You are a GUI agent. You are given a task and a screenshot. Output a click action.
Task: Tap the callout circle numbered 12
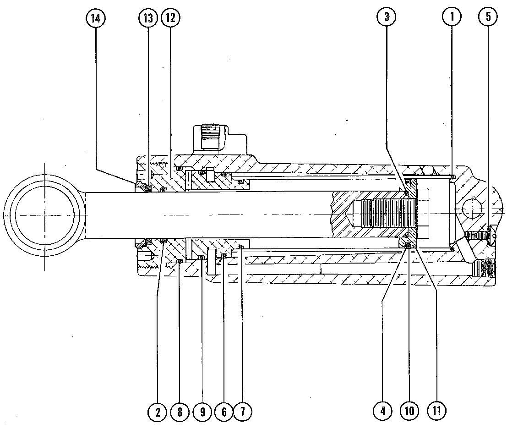pyautogui.click(x=171, y=18)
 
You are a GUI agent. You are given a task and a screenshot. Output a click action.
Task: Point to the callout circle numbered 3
pyautogui.click(x=387, y=18)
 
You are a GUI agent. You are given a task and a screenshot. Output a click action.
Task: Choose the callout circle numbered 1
pyautogui.click(x=452, y=18)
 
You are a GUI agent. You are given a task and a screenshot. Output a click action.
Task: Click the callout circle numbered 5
pyautogui.click(x=488, y=18)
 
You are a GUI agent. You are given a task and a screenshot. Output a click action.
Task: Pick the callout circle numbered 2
pyautogui.click(x=158, y=412)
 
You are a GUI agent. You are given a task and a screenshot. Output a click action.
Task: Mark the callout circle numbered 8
pyautogui.click(x=180, y=412)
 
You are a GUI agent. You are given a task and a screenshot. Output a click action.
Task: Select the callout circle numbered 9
pyautogui.click(x=202, y=412)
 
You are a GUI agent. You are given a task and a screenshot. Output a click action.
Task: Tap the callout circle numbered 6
pyautogui.click(x=224, y=412)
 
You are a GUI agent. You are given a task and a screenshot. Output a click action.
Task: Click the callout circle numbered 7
pyautogui.click(x=242, y=412)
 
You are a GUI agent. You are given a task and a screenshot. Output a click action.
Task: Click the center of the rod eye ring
pyautogui.click(x=44, y=215)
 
